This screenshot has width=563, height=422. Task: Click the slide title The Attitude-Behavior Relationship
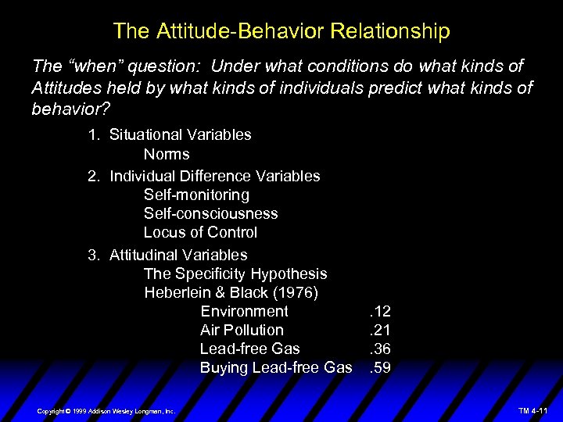click(x=281, y=31)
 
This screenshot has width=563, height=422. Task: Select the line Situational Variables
click(x=180, y=134)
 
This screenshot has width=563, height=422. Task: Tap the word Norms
click(x=167, y=154)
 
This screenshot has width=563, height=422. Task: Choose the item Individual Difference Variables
click(x=214, y=176)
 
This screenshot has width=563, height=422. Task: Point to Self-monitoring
click(x=196, y=195)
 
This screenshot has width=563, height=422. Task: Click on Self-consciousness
click(x=210, y=213)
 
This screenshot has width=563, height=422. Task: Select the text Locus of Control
click(x=200, y=232)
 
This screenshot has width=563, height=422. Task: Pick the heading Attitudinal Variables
click(x=178, y=255)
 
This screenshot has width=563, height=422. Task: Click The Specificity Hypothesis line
click(x=235, y=274)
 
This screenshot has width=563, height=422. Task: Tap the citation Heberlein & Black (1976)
click(x=231, y=292)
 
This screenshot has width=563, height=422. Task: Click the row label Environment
click(x=244, y=311)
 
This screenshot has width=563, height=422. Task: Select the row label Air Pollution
click(x=242, y=330)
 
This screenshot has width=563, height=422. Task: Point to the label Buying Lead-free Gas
click(x=276, y=367)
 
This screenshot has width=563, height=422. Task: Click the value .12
click(x=379, y=311)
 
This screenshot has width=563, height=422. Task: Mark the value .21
click(x=379, y=330)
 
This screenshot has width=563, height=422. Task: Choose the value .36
click(x=379, y=349)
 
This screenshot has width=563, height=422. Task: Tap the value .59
click(x=379, y=367)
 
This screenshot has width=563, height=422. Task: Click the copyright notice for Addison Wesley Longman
click(x=106, y=410)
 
